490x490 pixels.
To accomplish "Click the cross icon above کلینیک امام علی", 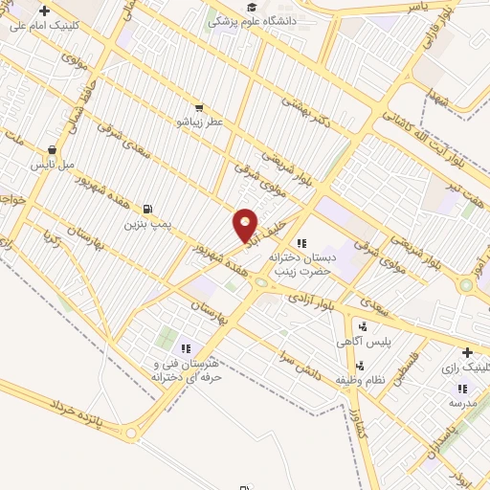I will point(43,11).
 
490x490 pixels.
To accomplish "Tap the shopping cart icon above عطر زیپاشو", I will point(198,108).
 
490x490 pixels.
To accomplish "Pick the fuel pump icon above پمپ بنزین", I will point(146,210).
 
